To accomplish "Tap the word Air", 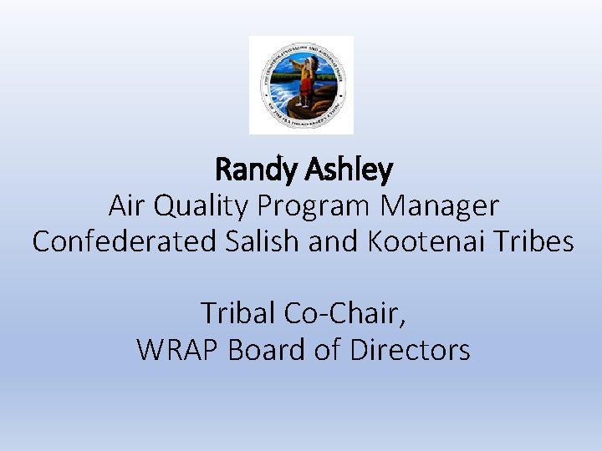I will tap(127, 205).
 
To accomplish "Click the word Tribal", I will tap(238, 313).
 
